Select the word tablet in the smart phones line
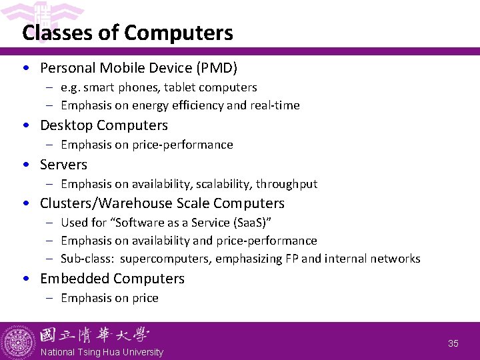(175, 87)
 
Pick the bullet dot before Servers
(25, 165)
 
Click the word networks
(397, 259)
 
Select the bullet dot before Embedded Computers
(25, 279)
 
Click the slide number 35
(453, 343)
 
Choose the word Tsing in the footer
(99, 352)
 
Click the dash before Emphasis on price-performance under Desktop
(51, 145)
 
